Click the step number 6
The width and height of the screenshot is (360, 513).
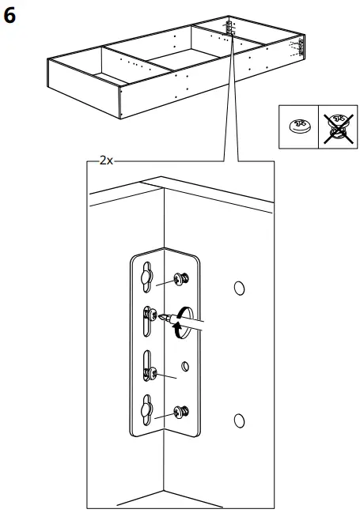coord(12,15)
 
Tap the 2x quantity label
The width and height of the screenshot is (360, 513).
coord(107,160)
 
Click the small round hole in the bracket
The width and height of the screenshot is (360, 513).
coord(184,365)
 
